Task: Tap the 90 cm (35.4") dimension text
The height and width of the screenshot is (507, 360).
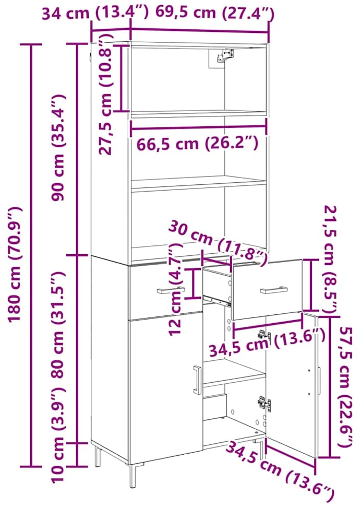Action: [x=59, y=148]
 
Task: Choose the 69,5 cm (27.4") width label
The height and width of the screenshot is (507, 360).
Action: [x=215, y=13]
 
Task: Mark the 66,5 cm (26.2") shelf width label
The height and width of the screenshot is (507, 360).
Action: [x=197, y=143]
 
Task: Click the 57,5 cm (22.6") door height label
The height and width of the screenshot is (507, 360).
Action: [x=344, y=387]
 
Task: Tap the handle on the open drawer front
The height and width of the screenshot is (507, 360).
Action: [x=274, y=290]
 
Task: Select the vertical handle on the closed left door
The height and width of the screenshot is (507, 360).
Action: [x=197, y=380]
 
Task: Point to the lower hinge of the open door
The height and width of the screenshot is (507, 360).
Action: [x=265, y=404]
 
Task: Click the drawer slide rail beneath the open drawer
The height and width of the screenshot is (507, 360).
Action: [x=217, y=300]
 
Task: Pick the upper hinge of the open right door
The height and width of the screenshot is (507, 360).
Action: [x=264, y=336]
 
